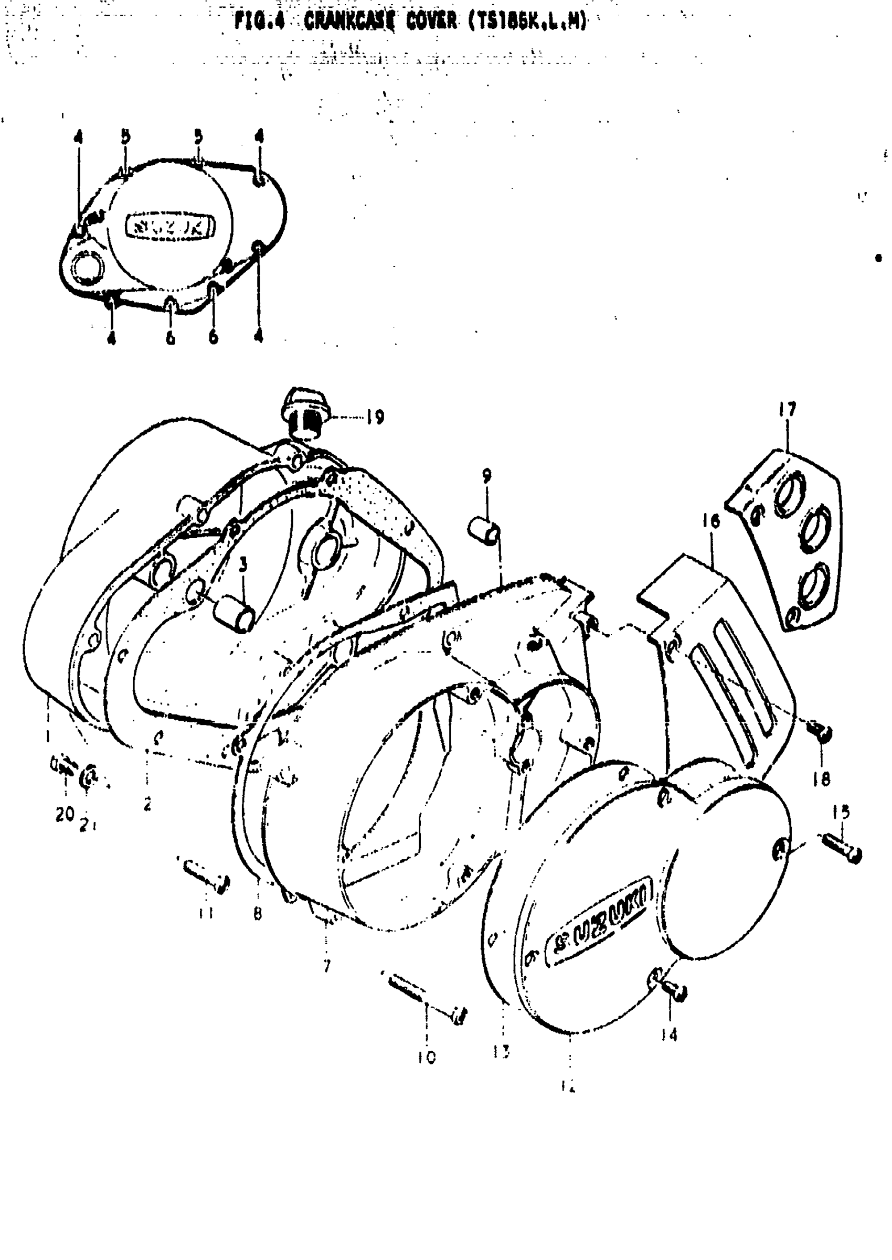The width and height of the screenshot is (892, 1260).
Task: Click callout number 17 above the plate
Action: click(x=787, y=410)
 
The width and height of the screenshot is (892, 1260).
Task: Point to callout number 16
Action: click(x=710, y=520)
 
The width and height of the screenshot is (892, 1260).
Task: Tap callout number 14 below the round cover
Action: click(x=669, y=1035)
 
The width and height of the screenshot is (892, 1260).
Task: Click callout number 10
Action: click(x=427, y=1057)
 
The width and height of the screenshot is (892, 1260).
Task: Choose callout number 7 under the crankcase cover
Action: click(x=327, y=966)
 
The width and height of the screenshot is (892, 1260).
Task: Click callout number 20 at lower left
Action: click(x=64, y=814)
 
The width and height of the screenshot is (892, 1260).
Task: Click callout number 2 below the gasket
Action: click(x=147, y=805)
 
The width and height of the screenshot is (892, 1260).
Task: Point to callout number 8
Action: click(x=258, y=914)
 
